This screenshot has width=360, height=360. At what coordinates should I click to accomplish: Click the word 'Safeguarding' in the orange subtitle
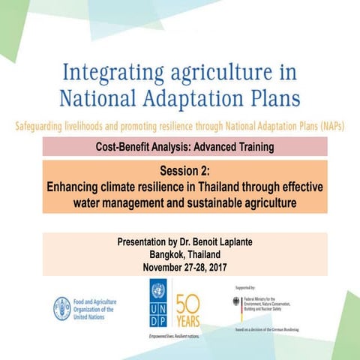pos(48,125)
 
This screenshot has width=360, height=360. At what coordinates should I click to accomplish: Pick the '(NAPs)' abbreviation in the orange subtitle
pos(330,125)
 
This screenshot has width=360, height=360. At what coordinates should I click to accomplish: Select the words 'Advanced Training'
pos(225,146)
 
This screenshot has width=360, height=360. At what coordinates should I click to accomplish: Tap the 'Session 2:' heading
pos(184,169)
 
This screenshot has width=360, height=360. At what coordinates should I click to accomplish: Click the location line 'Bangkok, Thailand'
pos(184,255)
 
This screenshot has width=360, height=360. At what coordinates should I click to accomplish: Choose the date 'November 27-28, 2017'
pos(184,267)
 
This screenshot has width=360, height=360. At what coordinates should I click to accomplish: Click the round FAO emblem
pos(62,307)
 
